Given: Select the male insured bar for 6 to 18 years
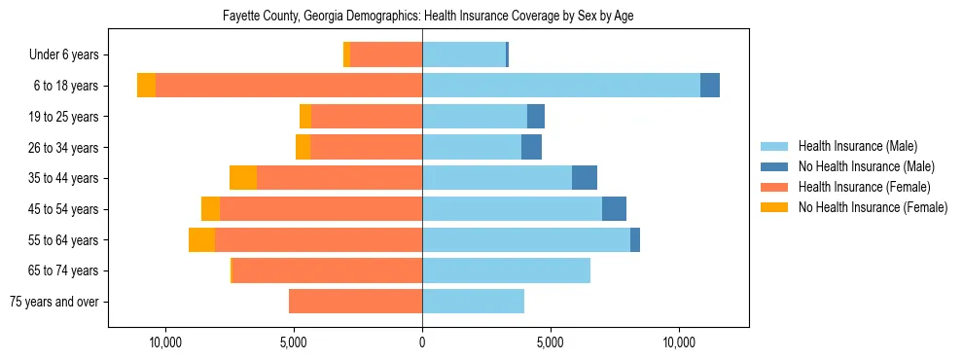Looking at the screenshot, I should click(x=561, y=86).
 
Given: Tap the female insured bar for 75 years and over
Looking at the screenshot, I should click(x=355, y=302).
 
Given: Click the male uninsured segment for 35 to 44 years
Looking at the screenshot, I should click(x=584, y=178).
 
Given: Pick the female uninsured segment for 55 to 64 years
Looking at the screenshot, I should click(x=201, y=240).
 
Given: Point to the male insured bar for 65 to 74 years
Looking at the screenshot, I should click(x=506, y=270).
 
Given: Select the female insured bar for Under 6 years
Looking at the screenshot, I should click(x=386, y=55).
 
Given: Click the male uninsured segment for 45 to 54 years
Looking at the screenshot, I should click(x=614, y=209).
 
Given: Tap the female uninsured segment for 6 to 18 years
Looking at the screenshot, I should click(x=146, y=86).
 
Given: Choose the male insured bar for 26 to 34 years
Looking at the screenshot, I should click(x=472, y=148).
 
